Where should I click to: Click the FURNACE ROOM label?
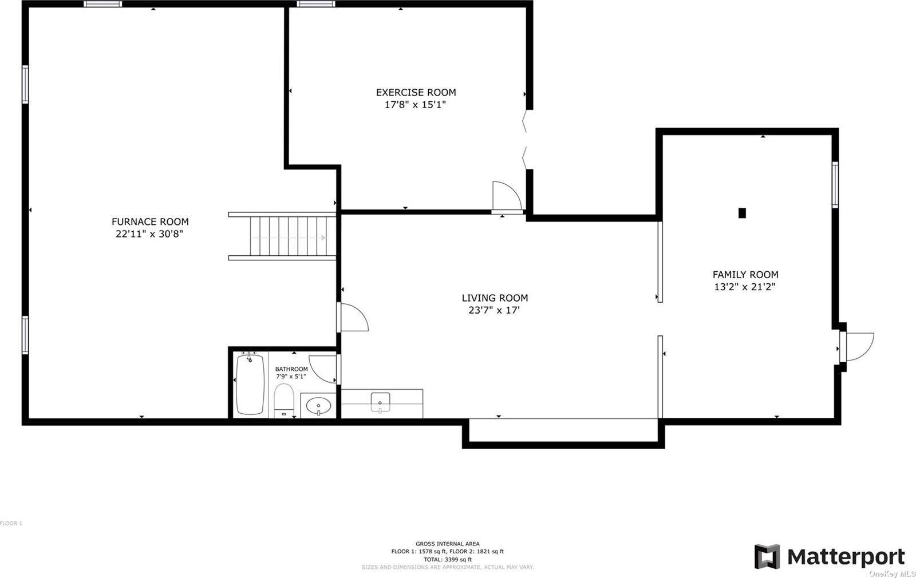coord(150,221)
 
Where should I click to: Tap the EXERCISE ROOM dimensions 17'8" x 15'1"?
coord(415,105)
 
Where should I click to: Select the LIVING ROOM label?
coord(495,298)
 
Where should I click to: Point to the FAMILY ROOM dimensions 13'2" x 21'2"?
coord(745,287)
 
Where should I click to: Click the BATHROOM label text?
coord(291,369)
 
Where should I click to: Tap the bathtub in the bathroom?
coord(250,385)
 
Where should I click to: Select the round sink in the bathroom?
coord(318,406)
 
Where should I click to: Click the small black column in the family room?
coord(742,213)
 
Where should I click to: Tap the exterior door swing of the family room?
coord(859,347)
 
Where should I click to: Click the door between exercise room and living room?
coord(506,196)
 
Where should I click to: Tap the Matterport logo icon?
coord(767,556)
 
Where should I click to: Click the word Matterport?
coord(846,557)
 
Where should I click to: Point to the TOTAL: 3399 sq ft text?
coord(448,559)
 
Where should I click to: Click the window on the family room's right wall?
coord(835,184)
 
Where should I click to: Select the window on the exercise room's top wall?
coord(315,4)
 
